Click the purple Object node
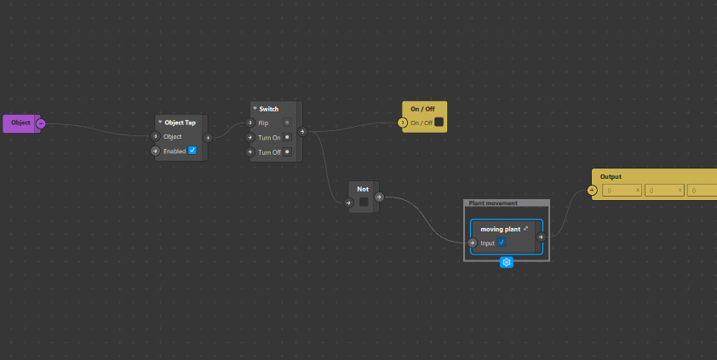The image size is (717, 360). pos(20,123)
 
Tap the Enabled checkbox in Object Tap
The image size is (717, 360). pos(192,151)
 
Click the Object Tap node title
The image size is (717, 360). pos(180,123)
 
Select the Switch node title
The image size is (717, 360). pos(268,109)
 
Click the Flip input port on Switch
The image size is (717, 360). pos(250,123)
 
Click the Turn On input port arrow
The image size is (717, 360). pos(250,137)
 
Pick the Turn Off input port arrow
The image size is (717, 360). pos(250,152)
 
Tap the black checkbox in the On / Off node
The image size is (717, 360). pos(439,123)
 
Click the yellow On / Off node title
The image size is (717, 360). pos(422,109)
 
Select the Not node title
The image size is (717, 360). pos(363,188)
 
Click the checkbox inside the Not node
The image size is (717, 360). pos(364,203)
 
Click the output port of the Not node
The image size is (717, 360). pos(379,197)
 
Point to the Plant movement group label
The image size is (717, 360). pos(492,203)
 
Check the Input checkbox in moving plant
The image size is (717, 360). pos(502,243)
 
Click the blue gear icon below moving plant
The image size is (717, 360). pos(507,262)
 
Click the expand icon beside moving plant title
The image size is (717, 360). pos(526,229)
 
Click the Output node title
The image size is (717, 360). pos(611,176)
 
